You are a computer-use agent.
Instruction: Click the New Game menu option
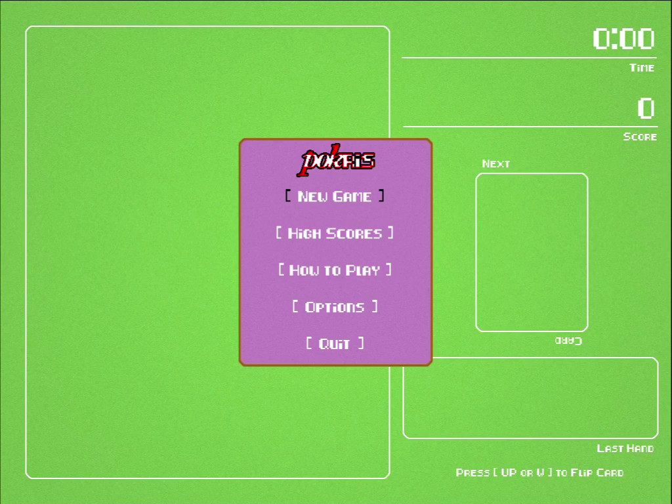[x=335, y=196]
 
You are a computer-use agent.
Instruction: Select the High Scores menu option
[x=335, y=233]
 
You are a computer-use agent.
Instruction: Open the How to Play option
[x=335, y=270]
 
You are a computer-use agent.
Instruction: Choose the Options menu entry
[x=335, y=307]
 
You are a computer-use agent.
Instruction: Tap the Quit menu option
[x=335, y=344]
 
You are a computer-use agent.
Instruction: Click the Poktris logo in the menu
[x=335, y=160]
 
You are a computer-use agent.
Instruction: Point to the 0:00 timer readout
[x=623, y=39]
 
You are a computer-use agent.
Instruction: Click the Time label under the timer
[x=642, y=68]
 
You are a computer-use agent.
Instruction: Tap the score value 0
[x=646, y=108]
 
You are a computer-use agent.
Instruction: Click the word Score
[x=640, y=136]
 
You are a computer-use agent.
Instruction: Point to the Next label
[x=496, y=163]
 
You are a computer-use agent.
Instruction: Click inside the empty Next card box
[x=532, y=253]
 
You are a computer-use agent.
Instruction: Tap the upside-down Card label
[x=568, y=341]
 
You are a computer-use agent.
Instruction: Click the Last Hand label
[x=625, y=448]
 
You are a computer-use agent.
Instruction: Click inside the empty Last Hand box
[x=530, y=398]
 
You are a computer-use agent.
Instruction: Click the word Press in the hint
[x=472, y=472]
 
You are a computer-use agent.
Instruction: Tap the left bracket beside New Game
[x=288, y=196]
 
